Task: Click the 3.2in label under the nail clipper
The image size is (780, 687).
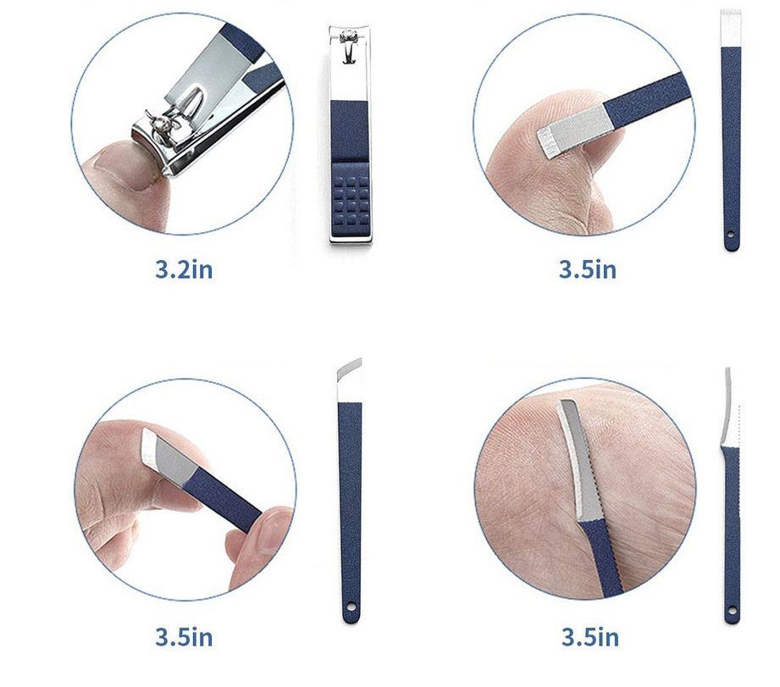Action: (184, 269)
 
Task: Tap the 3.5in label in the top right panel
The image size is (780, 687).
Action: (588, 269)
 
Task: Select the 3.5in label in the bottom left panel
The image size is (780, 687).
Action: (184, 637)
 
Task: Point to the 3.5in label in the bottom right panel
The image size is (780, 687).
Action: (590, 637)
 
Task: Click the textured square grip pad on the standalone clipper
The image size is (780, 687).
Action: (351, 198)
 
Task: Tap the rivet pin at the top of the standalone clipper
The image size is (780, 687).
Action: (349, 36)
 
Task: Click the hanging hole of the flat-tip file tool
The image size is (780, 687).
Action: (730, 235)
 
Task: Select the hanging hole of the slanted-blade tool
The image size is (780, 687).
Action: (351, 607)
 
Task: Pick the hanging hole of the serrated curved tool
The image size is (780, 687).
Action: (731, 610)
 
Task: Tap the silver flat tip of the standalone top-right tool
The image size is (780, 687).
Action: (731, 28)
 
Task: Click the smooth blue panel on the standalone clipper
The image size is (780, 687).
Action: (349, 130)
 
